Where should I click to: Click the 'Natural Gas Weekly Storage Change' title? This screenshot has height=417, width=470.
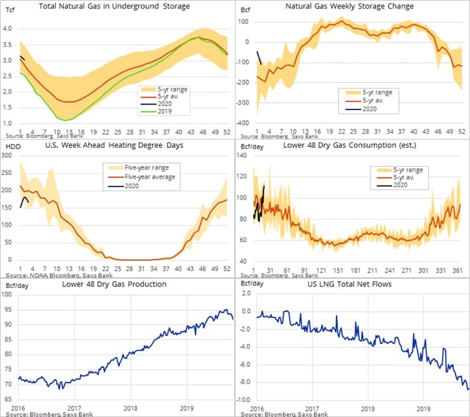(358, 7)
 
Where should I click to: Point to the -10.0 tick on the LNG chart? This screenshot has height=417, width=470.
(244, 400)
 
